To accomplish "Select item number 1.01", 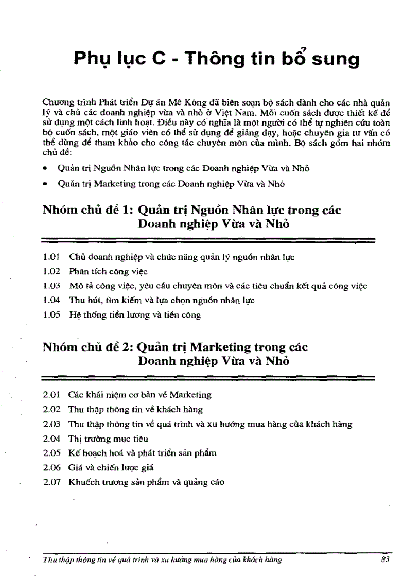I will click(x=52, y=256).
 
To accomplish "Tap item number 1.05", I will click(x=52, y=314).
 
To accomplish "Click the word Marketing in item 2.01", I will click(x=190, y=395).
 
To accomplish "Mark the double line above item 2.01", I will click(x=207, y=378).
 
